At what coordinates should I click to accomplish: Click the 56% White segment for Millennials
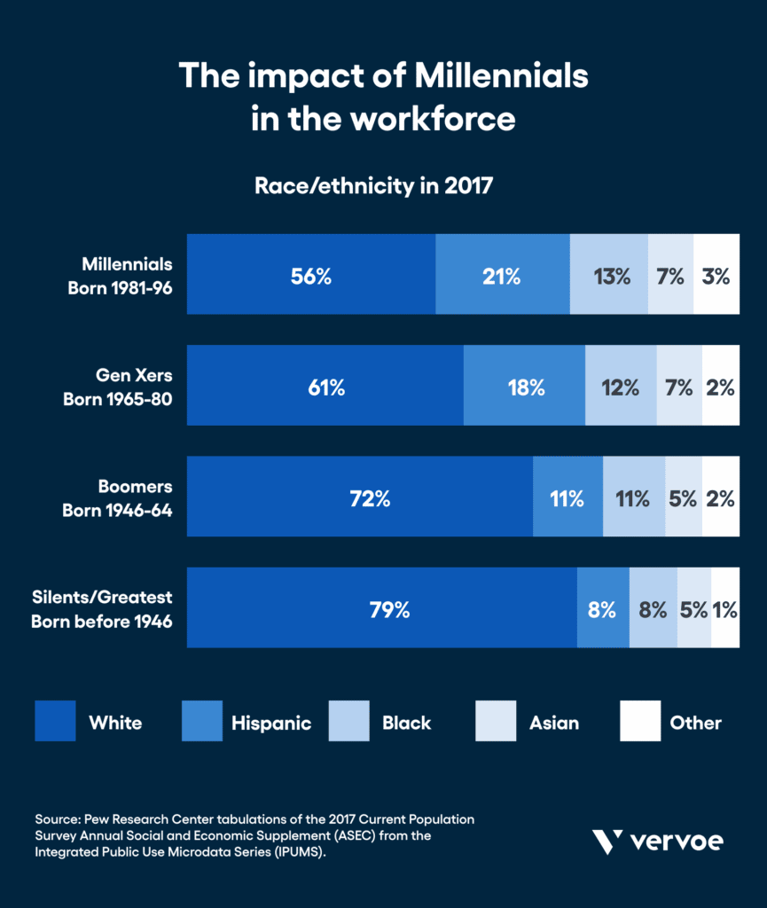(310, 276)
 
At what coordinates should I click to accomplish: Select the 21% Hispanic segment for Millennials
(502, 276)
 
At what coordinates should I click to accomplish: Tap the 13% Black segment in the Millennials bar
(609, 276)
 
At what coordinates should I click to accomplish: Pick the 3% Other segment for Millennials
(716, 276)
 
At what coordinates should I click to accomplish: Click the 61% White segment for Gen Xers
(325, 387)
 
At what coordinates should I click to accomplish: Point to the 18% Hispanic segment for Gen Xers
(524, 387)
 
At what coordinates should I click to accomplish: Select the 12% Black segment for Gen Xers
(621, 387)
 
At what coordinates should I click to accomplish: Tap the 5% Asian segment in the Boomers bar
(683, 497)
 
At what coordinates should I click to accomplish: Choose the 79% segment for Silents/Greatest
(381, 609)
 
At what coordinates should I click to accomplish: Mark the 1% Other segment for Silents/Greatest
(725, 609)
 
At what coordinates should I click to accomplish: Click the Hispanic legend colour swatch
(201, 721)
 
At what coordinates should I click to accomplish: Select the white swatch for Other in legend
(640, 721)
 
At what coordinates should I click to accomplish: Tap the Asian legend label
(553, 723)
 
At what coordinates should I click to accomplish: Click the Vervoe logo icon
(606, 841)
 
